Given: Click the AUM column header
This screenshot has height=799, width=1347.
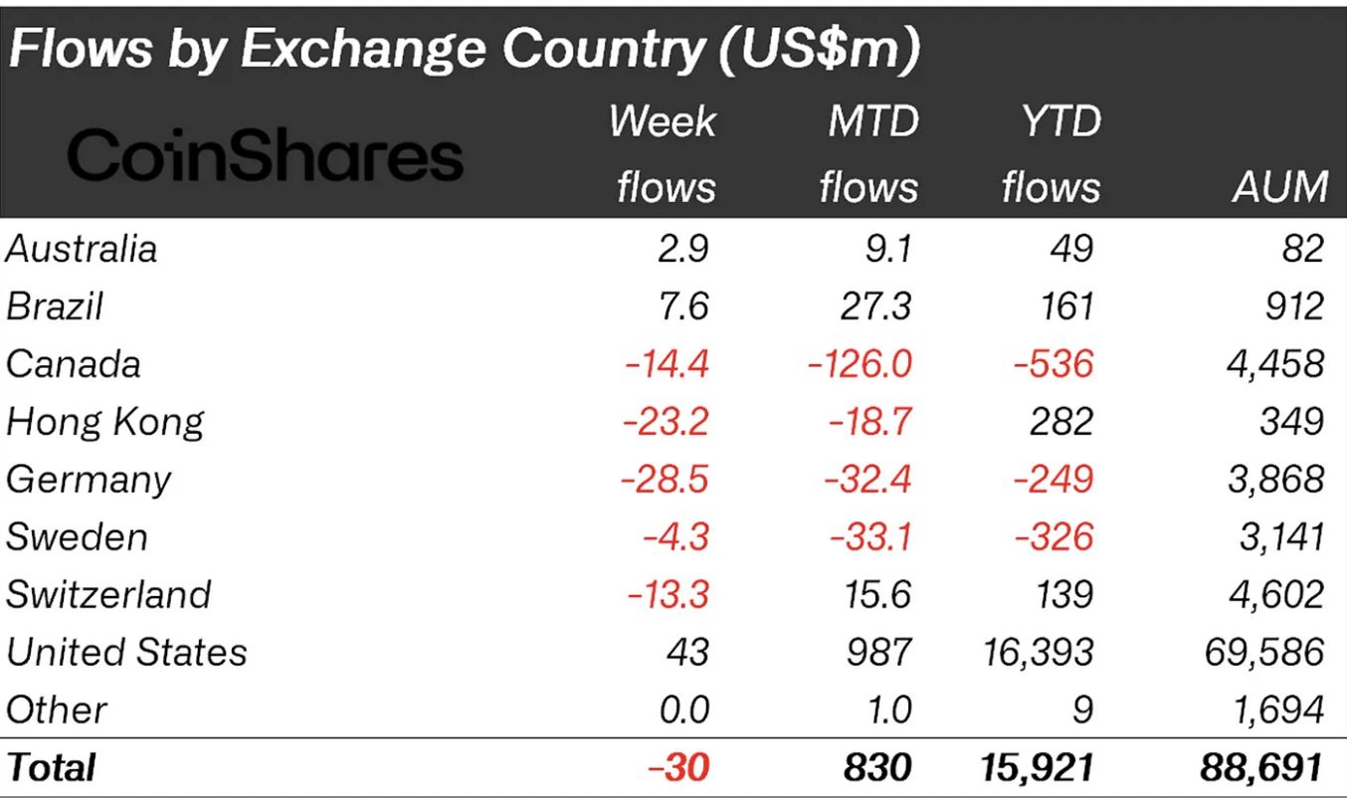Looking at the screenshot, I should (1280, 186).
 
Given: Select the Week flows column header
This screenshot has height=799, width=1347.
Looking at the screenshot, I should (665, 154).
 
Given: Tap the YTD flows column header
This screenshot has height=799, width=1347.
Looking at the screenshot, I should (1052, 154).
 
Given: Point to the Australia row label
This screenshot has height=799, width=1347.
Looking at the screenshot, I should (81, 249).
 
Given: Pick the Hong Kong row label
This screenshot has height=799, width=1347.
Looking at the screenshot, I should (104, 422).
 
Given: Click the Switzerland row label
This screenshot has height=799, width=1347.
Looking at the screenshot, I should (107, 595).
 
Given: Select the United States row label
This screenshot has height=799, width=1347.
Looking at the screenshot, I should (126, 653).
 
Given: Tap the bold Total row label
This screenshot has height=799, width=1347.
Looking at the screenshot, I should (51, 767).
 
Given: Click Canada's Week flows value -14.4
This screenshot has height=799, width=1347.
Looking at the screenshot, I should (667, 364).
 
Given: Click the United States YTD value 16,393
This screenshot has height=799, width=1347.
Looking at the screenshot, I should (1037, 653).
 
